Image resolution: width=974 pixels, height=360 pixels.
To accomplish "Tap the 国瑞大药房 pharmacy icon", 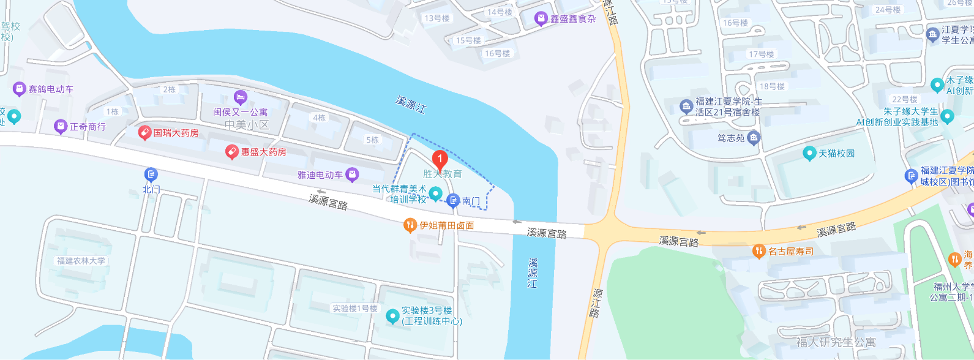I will pyautogui.click(x=144, y=132).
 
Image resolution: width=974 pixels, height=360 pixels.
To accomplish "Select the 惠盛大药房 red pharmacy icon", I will pyautogui.click(x=231, y=152).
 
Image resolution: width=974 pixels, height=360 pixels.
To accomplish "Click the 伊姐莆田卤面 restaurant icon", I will pyautogui.click(x=410, y=225).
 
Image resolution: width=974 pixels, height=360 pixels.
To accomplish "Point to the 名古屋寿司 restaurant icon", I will pyautogui.click(x=759, y=251).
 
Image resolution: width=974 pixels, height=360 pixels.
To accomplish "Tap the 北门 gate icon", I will pyautogui.click(x=151, y=175).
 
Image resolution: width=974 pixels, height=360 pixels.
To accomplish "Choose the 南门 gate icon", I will pyautogui.click(x=453, y=200).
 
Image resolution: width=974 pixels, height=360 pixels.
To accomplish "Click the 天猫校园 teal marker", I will pyautogui.click(x=809, y=153).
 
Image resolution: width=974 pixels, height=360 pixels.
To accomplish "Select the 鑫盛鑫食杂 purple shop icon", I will pyautogui.click(x=541, y=19).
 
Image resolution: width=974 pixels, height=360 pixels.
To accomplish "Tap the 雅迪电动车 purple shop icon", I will pyautogui.click(x=352, y=175).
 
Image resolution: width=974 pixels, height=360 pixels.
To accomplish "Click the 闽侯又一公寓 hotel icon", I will pyautogui.click(x=241, y=97).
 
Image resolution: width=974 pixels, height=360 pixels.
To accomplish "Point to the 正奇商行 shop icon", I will pyautogui.click(x=60, y=127).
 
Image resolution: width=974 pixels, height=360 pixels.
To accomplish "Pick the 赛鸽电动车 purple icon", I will pyautogui.click(x=19, y=89).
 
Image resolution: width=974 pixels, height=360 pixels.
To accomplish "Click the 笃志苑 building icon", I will pyautogui.click(x=754, y=138).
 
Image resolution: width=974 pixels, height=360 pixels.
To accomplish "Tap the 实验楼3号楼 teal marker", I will pyautogui.click(x=392, y=317).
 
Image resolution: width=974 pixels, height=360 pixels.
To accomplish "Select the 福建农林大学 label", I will pyautogui.click(x=81, y=261).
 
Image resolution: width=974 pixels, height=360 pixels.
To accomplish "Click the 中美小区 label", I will pyautogui.click(x=247, y=125).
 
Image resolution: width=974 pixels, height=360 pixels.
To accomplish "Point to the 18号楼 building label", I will pyautogui.click(x=772, y=86).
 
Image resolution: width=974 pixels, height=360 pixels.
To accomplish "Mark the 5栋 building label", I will pyautogui.click(x=372, y=140).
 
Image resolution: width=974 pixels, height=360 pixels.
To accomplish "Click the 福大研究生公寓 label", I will pyautogui.click(x=836, y=342).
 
